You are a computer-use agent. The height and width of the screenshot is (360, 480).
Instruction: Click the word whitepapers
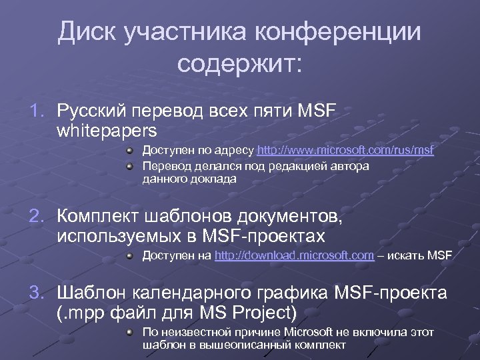click(x=107, y=128)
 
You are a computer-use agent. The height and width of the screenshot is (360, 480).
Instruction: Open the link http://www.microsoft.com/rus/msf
click(x=345, y=151)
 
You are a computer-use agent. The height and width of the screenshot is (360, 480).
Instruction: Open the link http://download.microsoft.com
click(x=294, y=255)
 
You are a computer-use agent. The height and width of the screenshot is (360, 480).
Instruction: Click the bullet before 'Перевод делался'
click(x=132, y=165)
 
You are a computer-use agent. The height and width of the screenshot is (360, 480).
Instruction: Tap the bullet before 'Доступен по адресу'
click(x=132, y=151)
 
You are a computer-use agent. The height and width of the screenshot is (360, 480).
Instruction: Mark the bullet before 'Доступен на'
click(x=132, y=255)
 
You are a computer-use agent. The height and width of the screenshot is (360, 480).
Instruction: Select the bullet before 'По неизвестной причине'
click(x=132, y=331)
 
